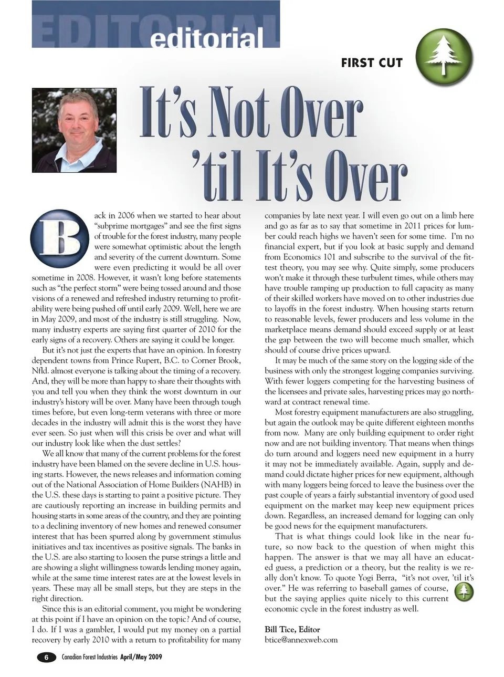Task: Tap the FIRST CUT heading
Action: pos(372,63)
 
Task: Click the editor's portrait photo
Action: pos(73,130)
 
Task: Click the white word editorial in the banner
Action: pos(207,38)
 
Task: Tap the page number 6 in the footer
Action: pos(46,657)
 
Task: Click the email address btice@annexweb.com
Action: pos(301,640)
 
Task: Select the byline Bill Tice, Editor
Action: pos(292,629)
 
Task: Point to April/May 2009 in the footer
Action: pos(141,657)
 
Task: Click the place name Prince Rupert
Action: pos(134,361)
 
